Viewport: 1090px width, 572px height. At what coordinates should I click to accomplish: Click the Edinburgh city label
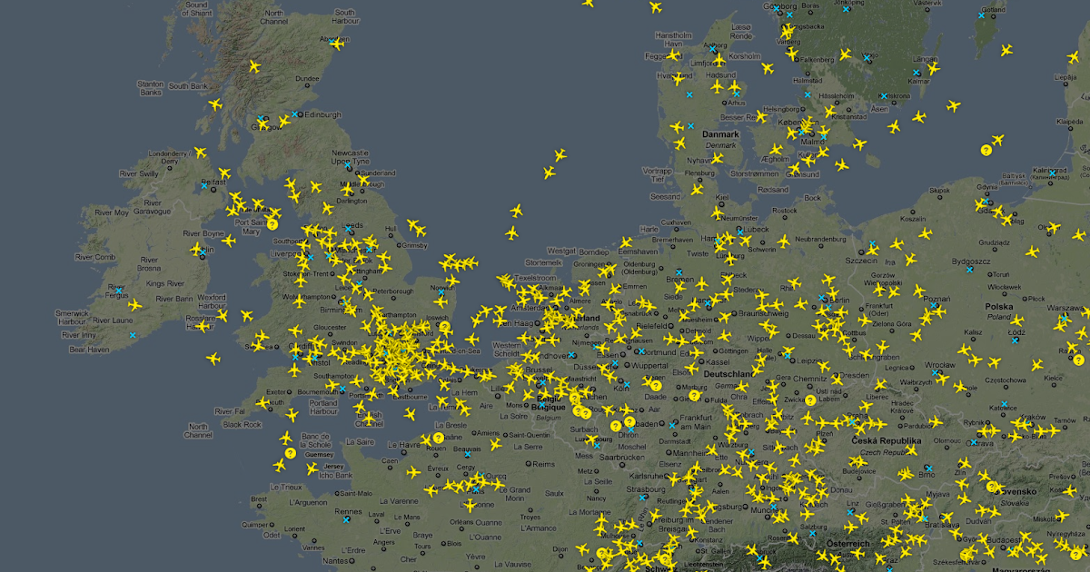coord(322,114)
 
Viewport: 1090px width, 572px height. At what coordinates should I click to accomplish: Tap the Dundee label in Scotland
coord(307,79)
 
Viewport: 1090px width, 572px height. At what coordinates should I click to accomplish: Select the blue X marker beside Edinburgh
coord(295,114)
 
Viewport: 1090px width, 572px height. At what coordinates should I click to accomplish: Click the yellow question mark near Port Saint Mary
coord(272,223)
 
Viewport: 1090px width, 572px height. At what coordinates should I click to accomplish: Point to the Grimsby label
coord(413,245)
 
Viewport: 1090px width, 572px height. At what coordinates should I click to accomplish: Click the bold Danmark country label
coord(720,134)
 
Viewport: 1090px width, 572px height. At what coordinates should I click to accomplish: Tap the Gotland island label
coord(995,10)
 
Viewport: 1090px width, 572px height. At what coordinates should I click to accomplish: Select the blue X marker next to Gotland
coord(981,15)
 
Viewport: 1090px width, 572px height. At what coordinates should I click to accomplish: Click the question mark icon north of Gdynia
coord(986,150)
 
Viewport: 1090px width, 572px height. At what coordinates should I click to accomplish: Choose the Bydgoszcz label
coord(972,261)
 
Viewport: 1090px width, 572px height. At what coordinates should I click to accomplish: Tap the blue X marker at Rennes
coord(346,520)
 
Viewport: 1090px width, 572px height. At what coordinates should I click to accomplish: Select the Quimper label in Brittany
coord(255,525)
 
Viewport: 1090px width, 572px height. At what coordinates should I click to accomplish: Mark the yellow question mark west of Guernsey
coord(290,453)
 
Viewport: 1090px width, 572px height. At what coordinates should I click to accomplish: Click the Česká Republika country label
coord(887,441)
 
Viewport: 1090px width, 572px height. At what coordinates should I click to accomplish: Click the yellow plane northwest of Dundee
coord(254,66)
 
